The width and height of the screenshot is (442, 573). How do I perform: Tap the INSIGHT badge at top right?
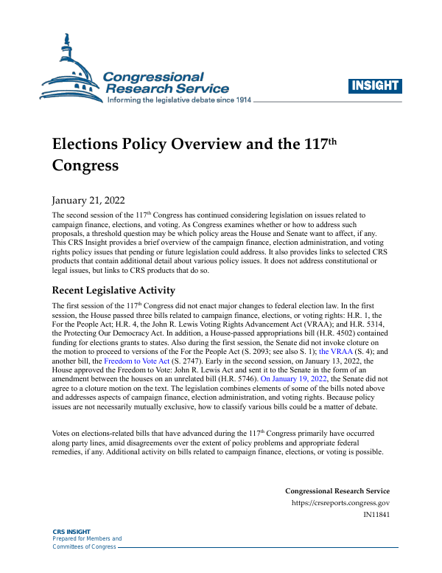pos(374,86)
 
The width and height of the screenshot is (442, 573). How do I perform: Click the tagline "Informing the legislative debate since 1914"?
pos(180,100)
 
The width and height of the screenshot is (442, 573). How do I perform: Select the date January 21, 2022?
pos(88,201)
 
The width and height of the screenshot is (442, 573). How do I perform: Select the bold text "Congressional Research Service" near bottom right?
pos(337,490)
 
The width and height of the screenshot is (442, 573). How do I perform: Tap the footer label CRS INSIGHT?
pos(70,531)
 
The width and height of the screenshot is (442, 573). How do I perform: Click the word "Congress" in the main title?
pos(85,165)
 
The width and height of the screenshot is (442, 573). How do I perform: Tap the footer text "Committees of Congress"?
pos(84,546)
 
